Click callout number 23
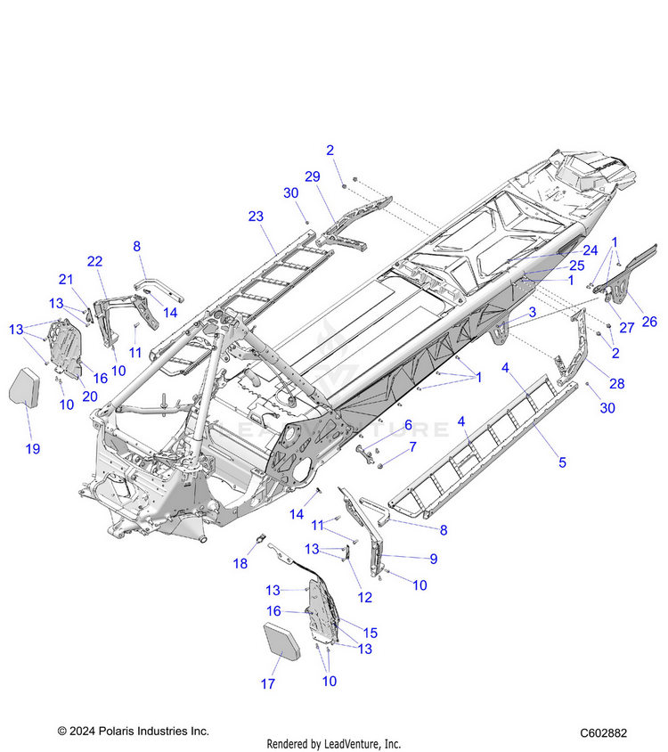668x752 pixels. pos(257,217)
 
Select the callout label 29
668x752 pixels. pos(312,177)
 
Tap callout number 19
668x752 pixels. pos(32,448)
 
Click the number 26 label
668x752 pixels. pos(649,322)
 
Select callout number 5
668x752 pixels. pos(562,462)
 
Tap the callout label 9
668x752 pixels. pos(433,559)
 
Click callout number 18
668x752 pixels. pos(240,563)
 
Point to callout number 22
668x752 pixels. pos(94,260)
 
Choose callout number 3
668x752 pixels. pos(532,312)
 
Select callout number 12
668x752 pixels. pos(364,597)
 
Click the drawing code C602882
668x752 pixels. pos(603,732)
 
